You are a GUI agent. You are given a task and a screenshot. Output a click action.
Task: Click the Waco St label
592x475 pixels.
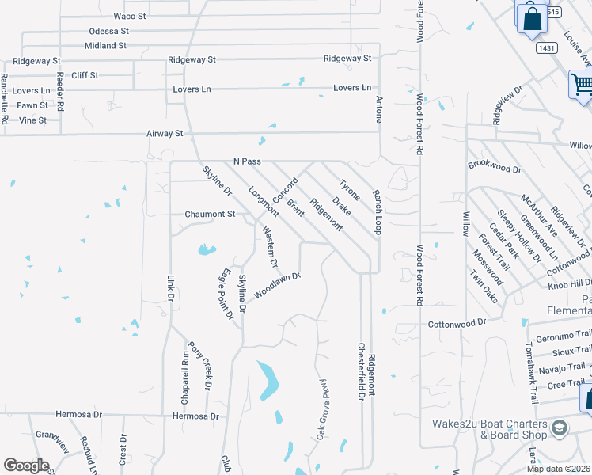pos(131,16)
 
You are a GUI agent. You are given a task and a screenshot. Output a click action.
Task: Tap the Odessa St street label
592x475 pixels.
pos(108,31)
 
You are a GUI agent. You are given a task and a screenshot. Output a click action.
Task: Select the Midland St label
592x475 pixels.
pos(105,46)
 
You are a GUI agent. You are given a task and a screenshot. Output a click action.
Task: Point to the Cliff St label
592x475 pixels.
pos(85,75)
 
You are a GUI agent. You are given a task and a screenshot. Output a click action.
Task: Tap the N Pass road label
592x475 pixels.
pos(247,161)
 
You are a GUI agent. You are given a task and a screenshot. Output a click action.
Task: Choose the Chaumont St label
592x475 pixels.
pos(210,214)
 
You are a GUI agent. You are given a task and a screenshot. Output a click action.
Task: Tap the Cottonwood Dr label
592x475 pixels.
pos(455,323)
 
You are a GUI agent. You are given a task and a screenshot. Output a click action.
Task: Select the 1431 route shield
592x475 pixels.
pos(545,48)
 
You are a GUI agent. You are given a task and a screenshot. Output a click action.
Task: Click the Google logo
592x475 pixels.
pos(26,465)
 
